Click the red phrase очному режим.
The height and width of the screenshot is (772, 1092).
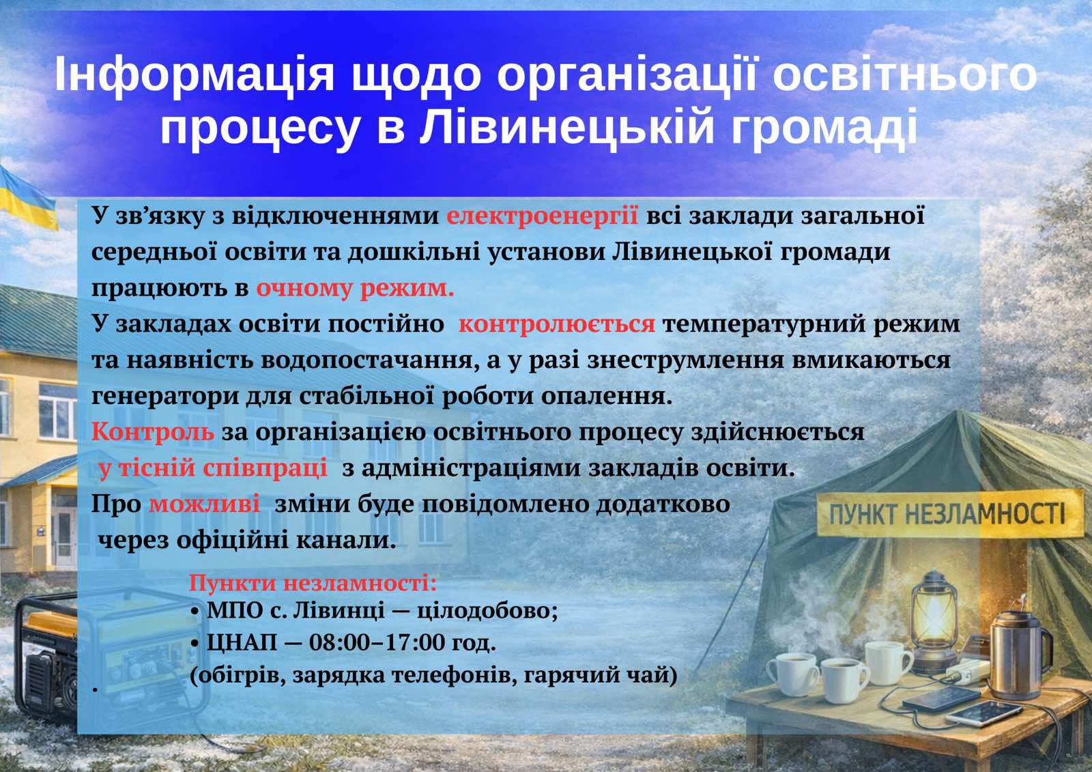tap(355, 289)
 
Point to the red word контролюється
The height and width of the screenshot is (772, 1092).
tap(557, 324)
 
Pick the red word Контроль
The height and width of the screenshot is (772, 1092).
tap(153, 431)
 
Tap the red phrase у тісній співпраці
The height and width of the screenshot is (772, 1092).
tap(212, 468)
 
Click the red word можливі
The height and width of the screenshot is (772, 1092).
tap(204, 504)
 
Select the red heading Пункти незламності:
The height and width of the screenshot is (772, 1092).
tap(313, 583)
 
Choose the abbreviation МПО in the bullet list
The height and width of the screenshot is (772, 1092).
tap(235, 611)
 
